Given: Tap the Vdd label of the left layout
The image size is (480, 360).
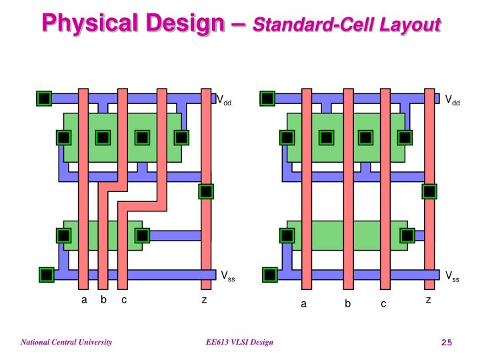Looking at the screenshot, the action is (224, 100).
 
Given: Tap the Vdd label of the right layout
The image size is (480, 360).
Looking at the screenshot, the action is (453, 100).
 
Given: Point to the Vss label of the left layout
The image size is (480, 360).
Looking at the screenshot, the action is (228, 276).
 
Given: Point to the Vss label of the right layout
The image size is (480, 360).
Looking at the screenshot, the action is (453, 276).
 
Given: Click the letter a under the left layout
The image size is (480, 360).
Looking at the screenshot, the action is (84, 300).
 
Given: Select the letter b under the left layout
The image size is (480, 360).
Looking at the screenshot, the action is (104, 299).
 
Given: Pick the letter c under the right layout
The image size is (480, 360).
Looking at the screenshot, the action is (383, 304).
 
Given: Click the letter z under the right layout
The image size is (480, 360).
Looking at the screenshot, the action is (429, 300).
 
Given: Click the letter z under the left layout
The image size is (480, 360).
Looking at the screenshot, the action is (204, 300).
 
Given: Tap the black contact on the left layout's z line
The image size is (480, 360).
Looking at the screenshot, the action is (206, 191).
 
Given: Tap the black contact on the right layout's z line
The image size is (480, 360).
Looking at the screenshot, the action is (429, 191).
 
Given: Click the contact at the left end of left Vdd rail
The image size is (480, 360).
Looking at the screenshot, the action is (44, 99).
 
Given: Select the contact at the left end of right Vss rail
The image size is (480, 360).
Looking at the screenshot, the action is (270, 275).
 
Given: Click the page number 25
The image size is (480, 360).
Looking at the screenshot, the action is (447, 342).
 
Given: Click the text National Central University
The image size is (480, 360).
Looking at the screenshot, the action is (67, 342).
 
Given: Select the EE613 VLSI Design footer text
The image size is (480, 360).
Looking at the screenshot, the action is (239, 342).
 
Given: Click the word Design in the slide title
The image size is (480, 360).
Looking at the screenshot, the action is (185, 23).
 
